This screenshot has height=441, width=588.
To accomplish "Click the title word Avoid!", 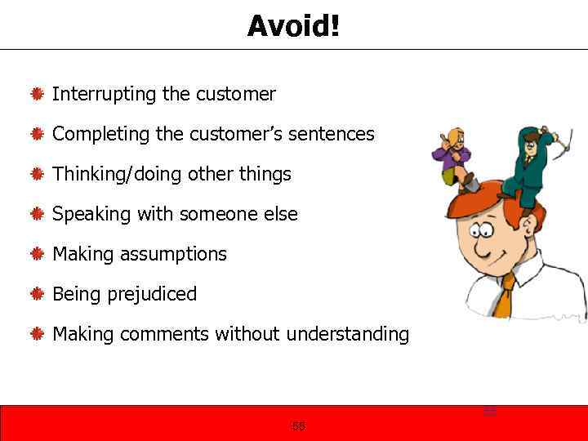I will tap(293, 26).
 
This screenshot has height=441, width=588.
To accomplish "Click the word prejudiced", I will tap(152, 294).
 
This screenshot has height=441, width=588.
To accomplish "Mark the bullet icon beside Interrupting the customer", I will tap(37, 95).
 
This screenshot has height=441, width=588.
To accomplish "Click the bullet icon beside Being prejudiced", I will tap(37, 294).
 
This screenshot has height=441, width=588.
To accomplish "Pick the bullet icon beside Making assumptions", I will tap(37, 255).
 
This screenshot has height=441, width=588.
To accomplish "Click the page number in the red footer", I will tap(298, 425).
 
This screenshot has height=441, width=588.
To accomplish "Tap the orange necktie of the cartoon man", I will tap(504, 298).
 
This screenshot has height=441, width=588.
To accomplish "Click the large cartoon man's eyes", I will tap(484, 230).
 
